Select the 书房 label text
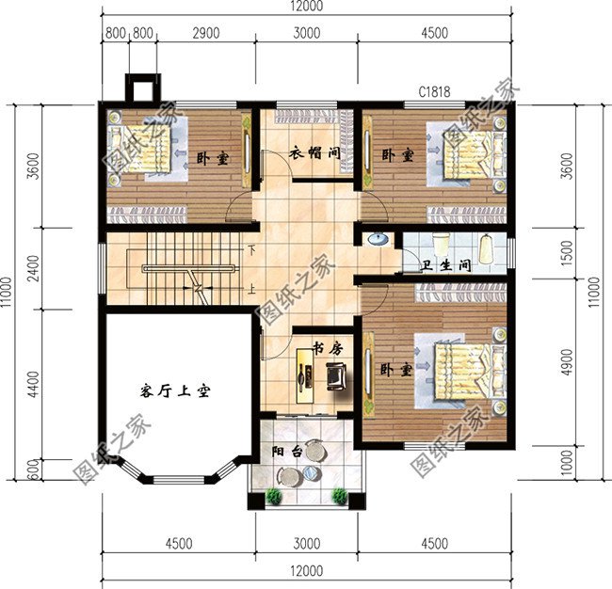pyautogui.click(x=327, y=349)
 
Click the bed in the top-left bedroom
pyautogui.click(x=142, y=153)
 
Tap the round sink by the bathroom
pyautogui.click(x=378, y=238)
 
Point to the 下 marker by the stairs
pyautogui.click(x=252, y=250)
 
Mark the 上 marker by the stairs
pyautogui.click(x=252, y=290)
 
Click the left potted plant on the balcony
pyautogui.click(x=274, y=496)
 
